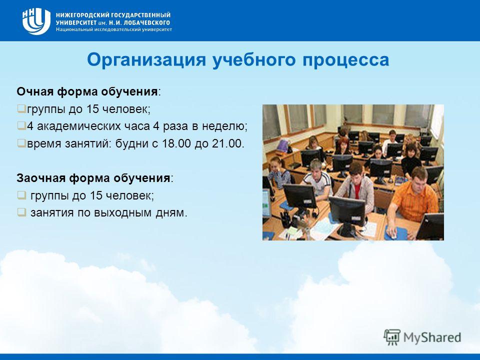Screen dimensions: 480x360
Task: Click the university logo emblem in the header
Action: coord(36,21)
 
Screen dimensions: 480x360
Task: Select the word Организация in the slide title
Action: coord(146,59)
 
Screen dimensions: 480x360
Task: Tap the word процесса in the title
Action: coord(346,60)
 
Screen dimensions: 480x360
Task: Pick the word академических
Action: coord(79,126)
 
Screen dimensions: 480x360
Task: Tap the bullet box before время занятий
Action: coord(21,143)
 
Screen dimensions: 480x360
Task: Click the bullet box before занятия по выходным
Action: coord(21,212)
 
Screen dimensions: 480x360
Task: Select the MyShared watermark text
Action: coord(432,337)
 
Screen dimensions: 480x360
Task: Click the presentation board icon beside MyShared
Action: coord(392,337)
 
